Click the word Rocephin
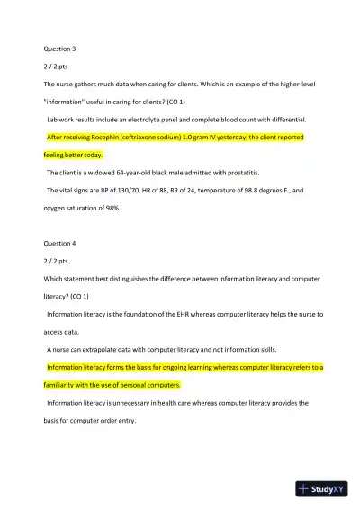(x=112, y=138)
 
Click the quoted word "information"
(x=67, y=102)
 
